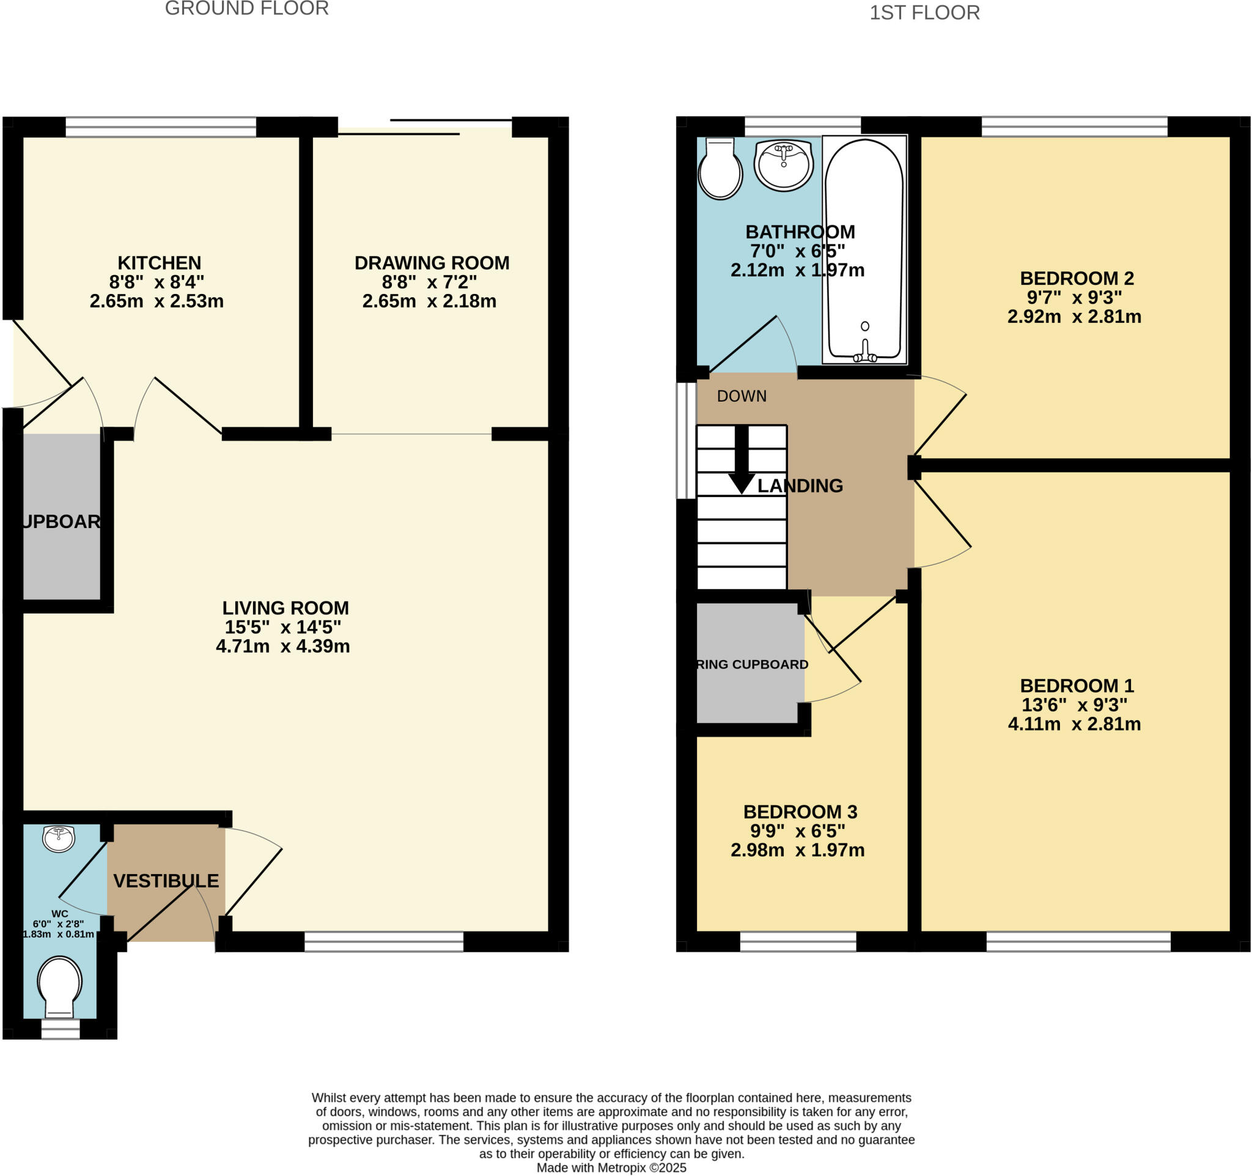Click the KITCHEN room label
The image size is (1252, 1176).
[160, 263]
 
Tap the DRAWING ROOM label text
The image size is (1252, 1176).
[432, 263]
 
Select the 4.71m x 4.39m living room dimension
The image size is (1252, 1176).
[283, 646]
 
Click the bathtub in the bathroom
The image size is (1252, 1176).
[864, 249]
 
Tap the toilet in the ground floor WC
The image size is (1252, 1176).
[60, 985]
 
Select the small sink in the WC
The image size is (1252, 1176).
[59, 839]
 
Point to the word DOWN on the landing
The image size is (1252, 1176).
[742, 396]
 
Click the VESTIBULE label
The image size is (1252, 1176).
[166, 881]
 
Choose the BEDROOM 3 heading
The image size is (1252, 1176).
[800, 812]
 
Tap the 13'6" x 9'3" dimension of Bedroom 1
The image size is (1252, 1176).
[1073, 705]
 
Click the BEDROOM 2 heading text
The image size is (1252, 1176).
[1077, 277]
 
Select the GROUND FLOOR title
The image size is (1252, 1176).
[246, 9]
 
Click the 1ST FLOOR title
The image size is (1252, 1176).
[924, 13]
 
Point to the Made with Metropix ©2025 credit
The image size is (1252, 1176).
[611, 1167]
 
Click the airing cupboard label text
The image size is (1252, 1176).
[752, 664]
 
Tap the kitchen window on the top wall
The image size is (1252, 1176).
[161, 127]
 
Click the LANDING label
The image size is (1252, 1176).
[799, 485]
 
